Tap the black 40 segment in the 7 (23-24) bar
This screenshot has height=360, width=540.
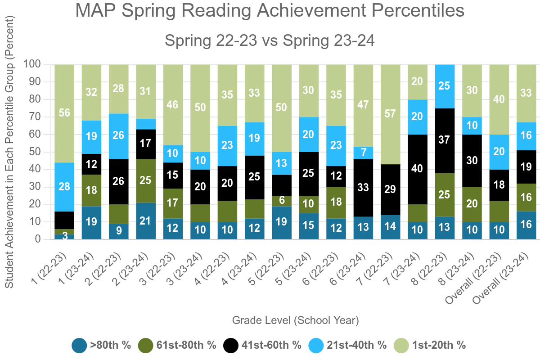click(418, 170)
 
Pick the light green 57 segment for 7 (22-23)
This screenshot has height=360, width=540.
click(391, 114)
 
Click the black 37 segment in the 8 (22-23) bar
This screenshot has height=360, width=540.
click(445, 140)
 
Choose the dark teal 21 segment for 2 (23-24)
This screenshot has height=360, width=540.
click(146, 221)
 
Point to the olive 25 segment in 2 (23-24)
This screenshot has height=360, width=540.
click(146, 180)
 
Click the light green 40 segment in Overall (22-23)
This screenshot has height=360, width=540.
click(499, 99)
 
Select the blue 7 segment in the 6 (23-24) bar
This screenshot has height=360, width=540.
click(363, 153)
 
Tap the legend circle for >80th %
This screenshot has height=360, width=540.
click(79, 345)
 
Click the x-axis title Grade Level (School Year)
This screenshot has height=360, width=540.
click(295, 320)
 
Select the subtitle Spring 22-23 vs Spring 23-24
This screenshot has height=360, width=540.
click(270, 40)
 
